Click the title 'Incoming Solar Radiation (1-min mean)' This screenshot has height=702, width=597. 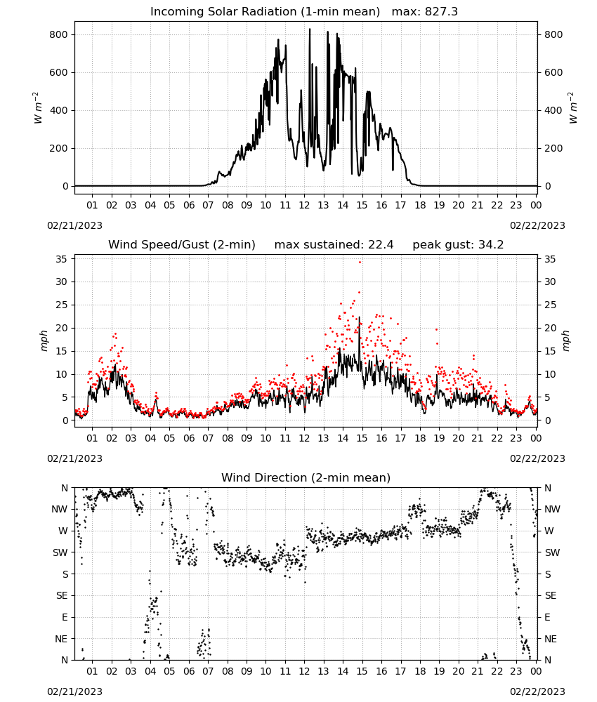tap(265, 12)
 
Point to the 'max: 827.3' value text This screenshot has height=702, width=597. tap(425, 12)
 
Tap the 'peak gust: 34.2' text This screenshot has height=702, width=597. tap(458, 245)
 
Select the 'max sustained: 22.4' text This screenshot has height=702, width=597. tap(334, 245)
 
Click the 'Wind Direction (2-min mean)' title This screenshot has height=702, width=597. tap(306, 477)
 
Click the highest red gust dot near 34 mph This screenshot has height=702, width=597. tap(360, 263)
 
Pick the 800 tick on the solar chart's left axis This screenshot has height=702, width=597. tap(59, 34)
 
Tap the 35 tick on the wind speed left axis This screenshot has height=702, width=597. tap(62, 259)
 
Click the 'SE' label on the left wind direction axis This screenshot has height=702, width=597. tap(63, 595)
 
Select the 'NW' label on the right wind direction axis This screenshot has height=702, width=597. tap(552, 510)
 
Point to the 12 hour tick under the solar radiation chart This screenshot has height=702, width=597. tap(305, 205)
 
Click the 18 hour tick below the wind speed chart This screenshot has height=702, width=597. tap(420, 438)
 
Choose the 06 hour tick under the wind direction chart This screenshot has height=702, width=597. tap(189, 671)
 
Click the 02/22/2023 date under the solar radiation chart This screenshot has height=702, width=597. tap(537, 225)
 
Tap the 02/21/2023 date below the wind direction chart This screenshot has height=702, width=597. tap(74, 691)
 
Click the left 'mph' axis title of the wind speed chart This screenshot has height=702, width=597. tap(44, 340)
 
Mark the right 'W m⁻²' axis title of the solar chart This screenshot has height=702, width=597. tap(573, 108)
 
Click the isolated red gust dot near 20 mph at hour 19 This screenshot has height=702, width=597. tap(437, 329)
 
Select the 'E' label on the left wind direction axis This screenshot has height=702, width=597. tap(65, 617)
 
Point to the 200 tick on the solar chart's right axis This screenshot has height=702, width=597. tap(553, 148)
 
